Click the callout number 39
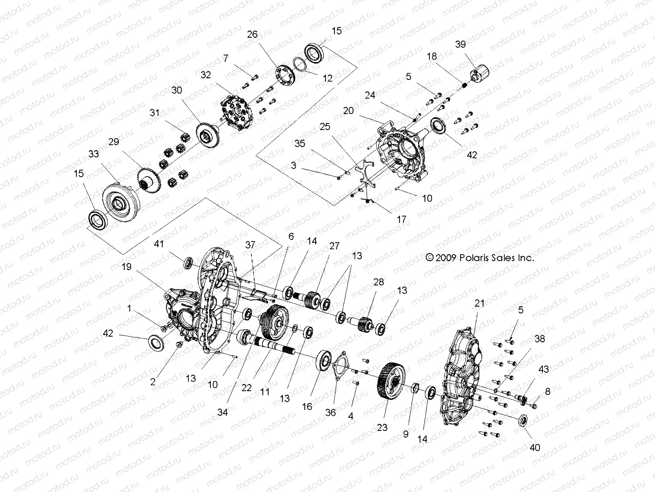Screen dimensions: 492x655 pyautogui.click(x=460, y=44)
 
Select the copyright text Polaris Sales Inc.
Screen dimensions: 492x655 pyautogui.click(x=480, y=258)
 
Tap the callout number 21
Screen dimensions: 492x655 pyautogui.click(x=479, y=303)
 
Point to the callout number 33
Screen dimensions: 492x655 pyautogui.click(x=94, y=154)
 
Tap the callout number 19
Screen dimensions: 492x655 pyautogui.click(x=126, y=266)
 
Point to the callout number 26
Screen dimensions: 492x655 pyautogui.click(x=253, y=34)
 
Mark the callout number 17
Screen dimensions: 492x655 pyautogui.click(x=402, y=219)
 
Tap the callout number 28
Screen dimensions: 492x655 pyautogui.click(x=379, y=282)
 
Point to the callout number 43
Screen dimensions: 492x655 pyautogui.click(x=544, y=369)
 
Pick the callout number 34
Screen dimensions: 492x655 pyautogui.click(x=222, y=412)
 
